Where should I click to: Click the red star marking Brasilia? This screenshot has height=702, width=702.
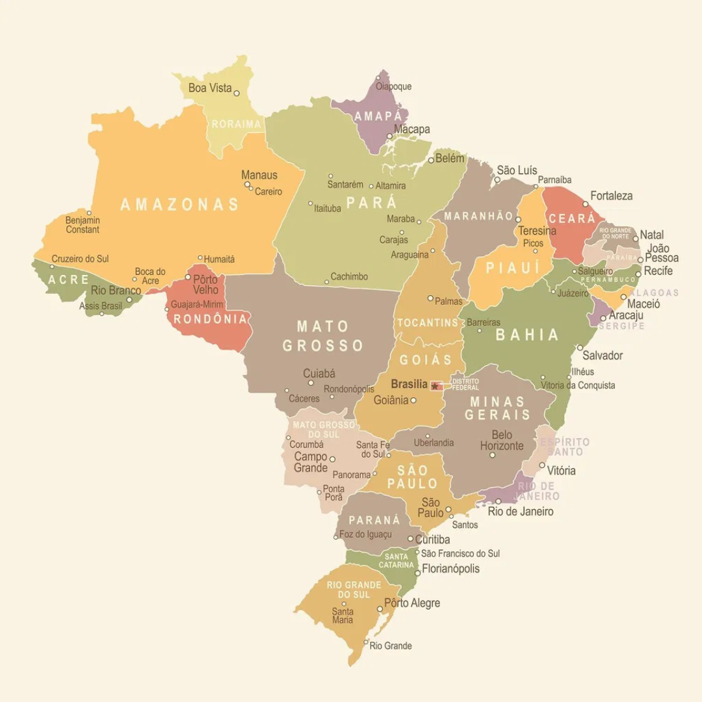[435, 386]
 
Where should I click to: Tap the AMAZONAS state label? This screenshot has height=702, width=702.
[180, 205]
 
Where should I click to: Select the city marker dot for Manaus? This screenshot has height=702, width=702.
[247, 185]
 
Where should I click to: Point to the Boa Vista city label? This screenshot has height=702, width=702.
[209, 88]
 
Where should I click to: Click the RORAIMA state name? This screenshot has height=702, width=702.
[236, 123]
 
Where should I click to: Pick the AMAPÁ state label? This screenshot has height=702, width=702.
[377, 116]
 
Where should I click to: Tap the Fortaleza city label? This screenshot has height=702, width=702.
[611, 196]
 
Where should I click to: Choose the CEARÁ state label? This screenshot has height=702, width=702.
[573, 218]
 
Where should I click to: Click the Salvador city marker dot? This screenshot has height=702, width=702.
[580, 348]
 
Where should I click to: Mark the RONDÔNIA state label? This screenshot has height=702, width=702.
[210, 319]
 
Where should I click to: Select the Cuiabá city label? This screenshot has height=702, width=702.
[319, 374]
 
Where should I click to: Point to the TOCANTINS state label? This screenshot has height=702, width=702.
[428, 323]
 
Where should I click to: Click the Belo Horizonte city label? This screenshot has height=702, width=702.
[502, 440]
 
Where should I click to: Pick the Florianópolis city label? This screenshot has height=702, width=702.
[451, 569]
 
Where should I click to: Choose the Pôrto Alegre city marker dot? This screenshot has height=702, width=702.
[380, 609]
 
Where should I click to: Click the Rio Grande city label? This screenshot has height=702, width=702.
[391, 646]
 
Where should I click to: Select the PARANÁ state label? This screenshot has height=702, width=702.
[374, 521]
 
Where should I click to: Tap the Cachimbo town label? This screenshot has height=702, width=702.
[349, 277]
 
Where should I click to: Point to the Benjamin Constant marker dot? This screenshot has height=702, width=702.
[89, 213]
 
